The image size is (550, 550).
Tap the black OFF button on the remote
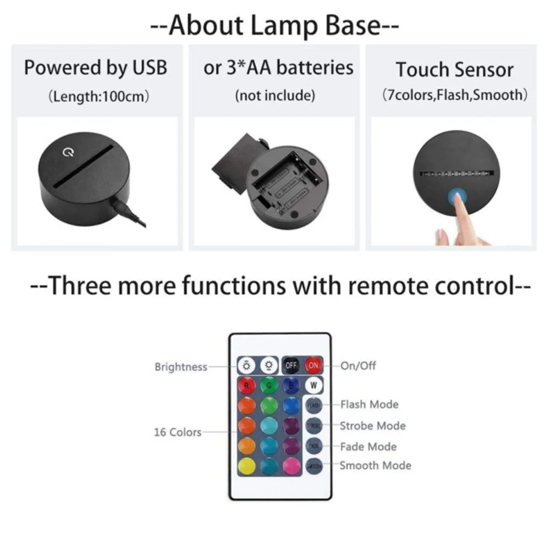(x=290, y=365)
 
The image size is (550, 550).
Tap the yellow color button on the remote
(x=247, y=466)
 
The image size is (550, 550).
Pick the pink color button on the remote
(x=291, y=466)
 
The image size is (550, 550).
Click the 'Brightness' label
(x=181, y=367)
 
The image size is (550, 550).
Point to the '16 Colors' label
(x=177, y=432)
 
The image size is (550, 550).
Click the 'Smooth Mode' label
(x=375, y=466)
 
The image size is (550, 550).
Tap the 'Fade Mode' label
(x=368, y=446)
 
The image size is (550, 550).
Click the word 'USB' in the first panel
(x=148, y=68)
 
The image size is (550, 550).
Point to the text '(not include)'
(x=275, y=96)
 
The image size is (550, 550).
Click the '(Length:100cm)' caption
(x=99, y=97)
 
